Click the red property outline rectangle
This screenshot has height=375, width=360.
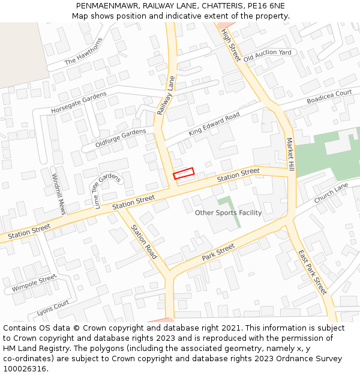tap(184, 173)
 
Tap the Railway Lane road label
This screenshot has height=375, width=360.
tap(166, 96)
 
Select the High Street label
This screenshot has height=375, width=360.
tap(230, 45)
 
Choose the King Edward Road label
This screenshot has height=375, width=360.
tap(214, 124)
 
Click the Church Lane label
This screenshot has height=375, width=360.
tap(331, 193)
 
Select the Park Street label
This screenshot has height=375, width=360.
tap(218, 252)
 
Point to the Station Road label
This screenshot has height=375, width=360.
tap(144, 242)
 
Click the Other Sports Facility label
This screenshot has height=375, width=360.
tap(229, 212)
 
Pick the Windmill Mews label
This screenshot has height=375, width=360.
tap(58, 194)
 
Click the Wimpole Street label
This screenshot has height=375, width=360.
tap(34, 283)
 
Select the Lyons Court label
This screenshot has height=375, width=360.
tap(53, 308)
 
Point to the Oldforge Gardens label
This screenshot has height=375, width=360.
tap(121, 139)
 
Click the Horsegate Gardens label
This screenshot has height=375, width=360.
tap(79, 103)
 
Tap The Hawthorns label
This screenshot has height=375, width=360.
tap(84, 51)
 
